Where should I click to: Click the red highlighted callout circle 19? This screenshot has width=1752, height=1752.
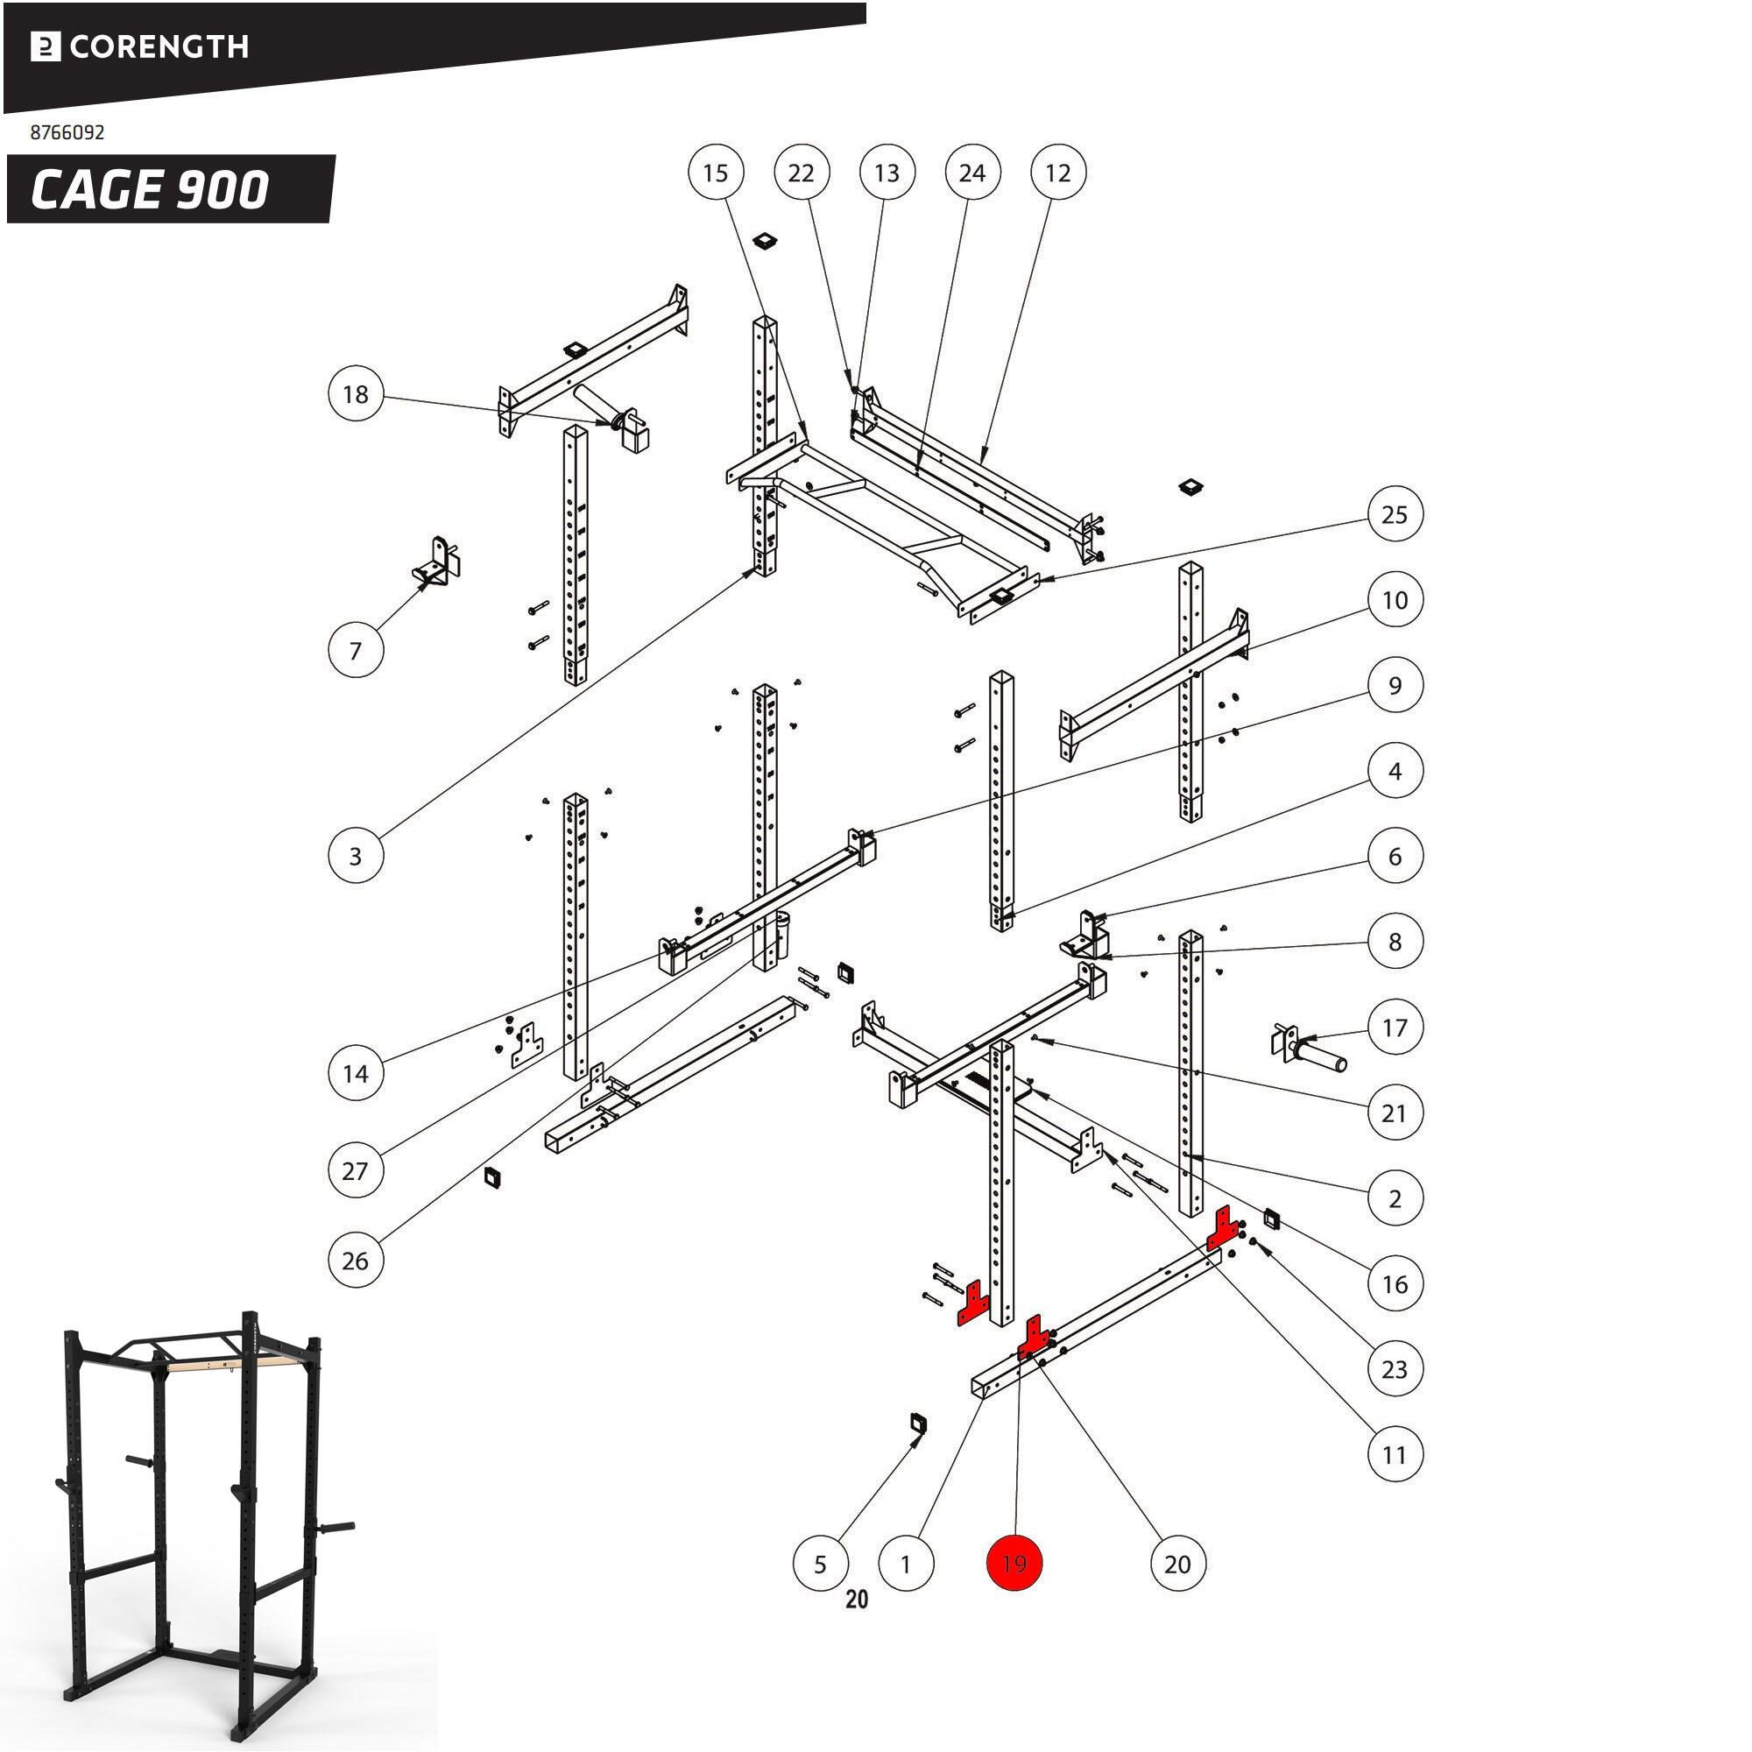(x=1014, y=1564)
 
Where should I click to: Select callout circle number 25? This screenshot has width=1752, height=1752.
(x=1394, y=514)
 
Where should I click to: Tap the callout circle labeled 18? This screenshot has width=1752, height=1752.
(x=356, y=394)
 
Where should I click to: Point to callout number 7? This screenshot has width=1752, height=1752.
(x=356, y=649)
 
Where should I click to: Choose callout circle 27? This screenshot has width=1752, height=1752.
(x=356, y=1169)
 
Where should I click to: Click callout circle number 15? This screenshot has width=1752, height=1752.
(x=716, y=173)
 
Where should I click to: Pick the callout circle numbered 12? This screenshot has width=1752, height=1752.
(x=1057, y=173)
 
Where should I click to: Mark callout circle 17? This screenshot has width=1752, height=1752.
(x=1394, y=1028)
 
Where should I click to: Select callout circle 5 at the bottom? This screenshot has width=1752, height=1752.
(x=820, y=1564)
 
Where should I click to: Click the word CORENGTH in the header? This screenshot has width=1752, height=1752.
(x=159, y=46)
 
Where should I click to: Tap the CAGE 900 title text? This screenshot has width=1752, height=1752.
(x=150, y=189)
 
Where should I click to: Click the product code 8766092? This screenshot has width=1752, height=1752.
(x=68, y=132)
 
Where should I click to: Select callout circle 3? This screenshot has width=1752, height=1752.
(x=356, y=855)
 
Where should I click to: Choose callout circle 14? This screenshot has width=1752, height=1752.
(x=356, y=1074)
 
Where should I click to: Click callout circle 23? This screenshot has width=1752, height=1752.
(x=1394, y=1368)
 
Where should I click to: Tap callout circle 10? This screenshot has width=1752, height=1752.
(x=1394, y=599)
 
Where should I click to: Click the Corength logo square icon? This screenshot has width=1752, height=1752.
(x=46, y=47)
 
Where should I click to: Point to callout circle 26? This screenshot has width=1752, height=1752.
(x=356, y=1261)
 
